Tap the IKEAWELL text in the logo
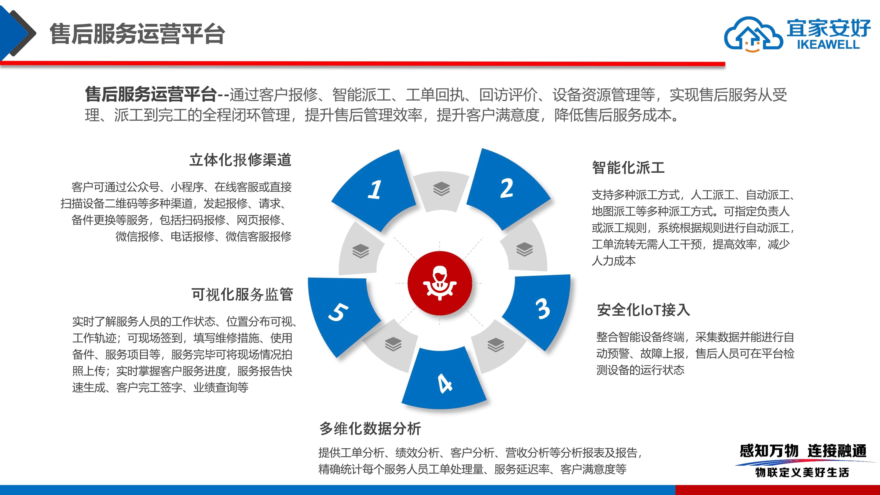point(828,44)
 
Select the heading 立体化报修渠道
point(240,160)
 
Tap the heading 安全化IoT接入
point(643,310)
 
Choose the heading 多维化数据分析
point(370,428)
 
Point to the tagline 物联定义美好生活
point(802,472)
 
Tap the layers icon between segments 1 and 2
point(441,189)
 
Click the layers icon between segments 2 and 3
point(524,249)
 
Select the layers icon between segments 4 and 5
point(393,344)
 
